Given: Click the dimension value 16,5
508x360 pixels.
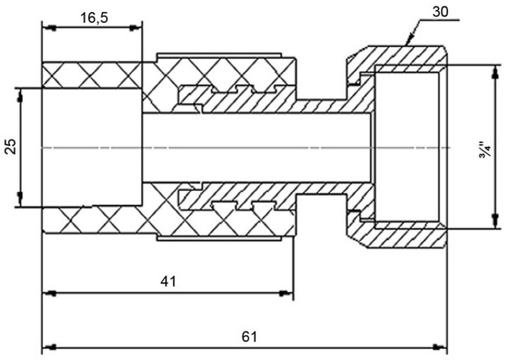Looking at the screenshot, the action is click(x=94, y=18).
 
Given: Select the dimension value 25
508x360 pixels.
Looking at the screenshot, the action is click(x=11, y=146).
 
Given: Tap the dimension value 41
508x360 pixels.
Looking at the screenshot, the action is click(x=169, y=281).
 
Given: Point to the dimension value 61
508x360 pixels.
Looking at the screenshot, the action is click(x=249, y=337).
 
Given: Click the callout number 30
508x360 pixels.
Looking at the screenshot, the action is click(x=440, y=12).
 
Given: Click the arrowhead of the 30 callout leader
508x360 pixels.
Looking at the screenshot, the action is click(x=409, y=39).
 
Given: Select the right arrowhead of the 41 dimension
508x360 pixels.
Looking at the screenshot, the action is click(x=286, y=293).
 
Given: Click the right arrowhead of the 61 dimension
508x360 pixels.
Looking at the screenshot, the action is click(x=440, y=347).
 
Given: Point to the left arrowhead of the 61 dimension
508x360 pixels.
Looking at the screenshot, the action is click(x=50, y=347).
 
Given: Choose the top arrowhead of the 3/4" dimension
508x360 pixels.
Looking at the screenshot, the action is click(x=495, y=72).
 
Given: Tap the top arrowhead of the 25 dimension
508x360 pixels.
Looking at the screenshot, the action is click(x=20, y=95).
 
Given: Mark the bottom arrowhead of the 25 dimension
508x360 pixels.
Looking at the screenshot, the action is click(x=20, y=199).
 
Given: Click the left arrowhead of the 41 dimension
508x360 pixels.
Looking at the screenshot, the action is click(x=50, y=293).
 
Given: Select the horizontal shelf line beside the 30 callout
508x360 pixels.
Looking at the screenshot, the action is click(x=440, y=20).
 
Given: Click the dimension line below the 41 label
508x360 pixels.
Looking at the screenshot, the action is click(x=168, y=293).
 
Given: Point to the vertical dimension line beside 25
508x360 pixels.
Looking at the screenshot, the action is click(x=20, y=147).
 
